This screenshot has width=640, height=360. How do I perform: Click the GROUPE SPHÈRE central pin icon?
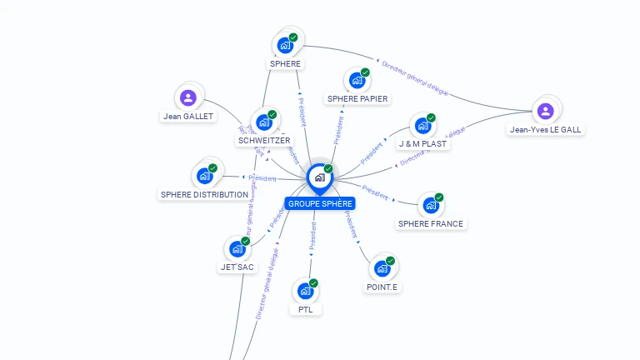tap(319, 177)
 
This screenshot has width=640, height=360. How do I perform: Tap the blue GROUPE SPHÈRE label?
tap(320, 203)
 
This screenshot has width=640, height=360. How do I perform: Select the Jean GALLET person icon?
tap(188, 98)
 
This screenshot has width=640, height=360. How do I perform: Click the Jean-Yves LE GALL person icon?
tap(545, 111)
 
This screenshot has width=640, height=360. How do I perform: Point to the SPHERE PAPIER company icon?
tap(357, 81)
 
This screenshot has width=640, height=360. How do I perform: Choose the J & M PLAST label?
tap(422, 143)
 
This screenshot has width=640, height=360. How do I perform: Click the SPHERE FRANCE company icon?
tap(430, 205)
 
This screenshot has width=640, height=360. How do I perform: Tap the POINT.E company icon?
tap(382, 268)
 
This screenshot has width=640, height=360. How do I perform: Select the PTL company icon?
tap(305, 291)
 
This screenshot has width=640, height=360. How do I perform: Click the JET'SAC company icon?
tap(237, 248)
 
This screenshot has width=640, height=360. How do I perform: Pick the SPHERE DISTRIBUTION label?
tap(204, 194)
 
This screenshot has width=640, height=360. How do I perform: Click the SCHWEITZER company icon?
tap(263, 122)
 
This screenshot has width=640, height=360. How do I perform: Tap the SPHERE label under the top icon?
tap(285, 63)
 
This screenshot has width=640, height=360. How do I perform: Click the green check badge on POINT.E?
tap(390, 261)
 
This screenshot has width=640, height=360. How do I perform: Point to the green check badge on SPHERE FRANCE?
tap(439, 197)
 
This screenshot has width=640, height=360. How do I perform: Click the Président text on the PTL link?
tap(313, 236)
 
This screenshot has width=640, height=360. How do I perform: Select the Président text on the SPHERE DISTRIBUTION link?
tap(263, 178)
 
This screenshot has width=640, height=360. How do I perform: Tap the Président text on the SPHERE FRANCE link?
tap(377, 195)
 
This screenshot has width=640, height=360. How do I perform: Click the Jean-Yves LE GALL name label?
tap(546, 129)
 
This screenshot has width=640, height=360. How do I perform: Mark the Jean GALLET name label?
tap(188, 116)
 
